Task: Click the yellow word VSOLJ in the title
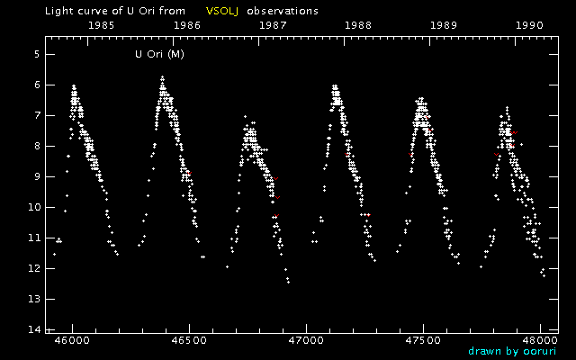click(x=221, y=11)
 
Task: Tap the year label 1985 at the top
click(x=101, y=25)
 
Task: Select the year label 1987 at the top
click(x=274, y=25)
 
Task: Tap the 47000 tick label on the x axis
click(x=306, y=342)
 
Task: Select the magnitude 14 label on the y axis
click(x=32, y=329)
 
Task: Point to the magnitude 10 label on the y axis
click(x=32, y=207)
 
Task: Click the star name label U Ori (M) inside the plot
click(x=159, y=55)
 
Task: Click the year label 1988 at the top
click(x=358, y=25)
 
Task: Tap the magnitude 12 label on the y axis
click(x=32, y=268)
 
